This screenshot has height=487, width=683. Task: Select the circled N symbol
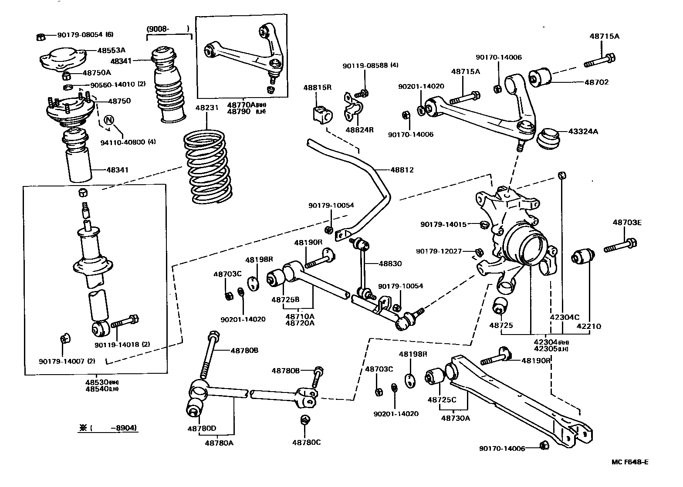click(x=109, y=119)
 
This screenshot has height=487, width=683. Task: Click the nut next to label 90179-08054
click(x=40, y=37)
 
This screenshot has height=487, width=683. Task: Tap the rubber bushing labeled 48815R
click(x=321, y=114)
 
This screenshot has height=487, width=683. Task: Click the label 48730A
click(x=455, y=418)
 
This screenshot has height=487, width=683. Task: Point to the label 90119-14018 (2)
click(x=122, y=344)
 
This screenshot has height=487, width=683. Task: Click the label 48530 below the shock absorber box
click(x=96, y=382)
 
